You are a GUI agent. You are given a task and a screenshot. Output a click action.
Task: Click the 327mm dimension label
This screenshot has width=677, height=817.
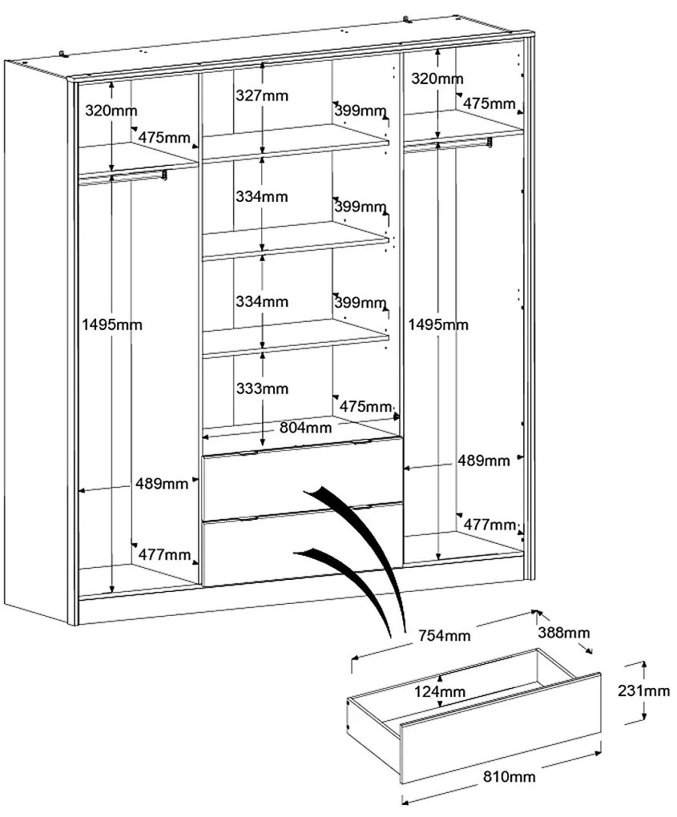coord(262,96)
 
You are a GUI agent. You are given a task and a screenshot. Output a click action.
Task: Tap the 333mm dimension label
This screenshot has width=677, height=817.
coord(262,388)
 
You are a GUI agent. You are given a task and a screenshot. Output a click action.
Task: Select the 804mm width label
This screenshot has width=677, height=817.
coord(305,428)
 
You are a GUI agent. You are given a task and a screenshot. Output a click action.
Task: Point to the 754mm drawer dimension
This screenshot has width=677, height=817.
coord(445,635)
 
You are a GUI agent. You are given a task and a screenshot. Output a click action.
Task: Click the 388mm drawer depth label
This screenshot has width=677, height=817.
coord(564,633)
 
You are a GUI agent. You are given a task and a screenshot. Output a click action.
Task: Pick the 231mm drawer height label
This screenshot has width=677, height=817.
coord(643,691)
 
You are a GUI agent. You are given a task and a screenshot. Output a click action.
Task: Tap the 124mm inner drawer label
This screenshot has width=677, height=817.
coord(440,692)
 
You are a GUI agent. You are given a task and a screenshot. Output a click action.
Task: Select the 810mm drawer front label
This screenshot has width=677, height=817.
coord(510,777)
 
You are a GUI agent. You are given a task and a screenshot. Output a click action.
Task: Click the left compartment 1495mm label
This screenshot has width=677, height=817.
coord(112,324)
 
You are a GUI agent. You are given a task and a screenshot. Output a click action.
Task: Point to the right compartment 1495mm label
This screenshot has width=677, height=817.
coord(437,324)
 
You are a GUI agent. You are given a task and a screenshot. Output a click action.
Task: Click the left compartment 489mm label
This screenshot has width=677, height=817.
coord(162,484)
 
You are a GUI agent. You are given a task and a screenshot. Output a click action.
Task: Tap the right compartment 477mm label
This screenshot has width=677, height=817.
coord(490,524)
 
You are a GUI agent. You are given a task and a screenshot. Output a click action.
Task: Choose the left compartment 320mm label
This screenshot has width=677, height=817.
coord(111,111)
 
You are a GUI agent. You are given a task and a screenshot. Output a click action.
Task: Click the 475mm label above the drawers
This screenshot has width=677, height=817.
coord(365,406)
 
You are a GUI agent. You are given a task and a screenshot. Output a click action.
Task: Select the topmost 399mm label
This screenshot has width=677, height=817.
coord(360,111)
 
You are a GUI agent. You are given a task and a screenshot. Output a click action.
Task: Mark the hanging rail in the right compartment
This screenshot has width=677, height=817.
coord(448,144)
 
